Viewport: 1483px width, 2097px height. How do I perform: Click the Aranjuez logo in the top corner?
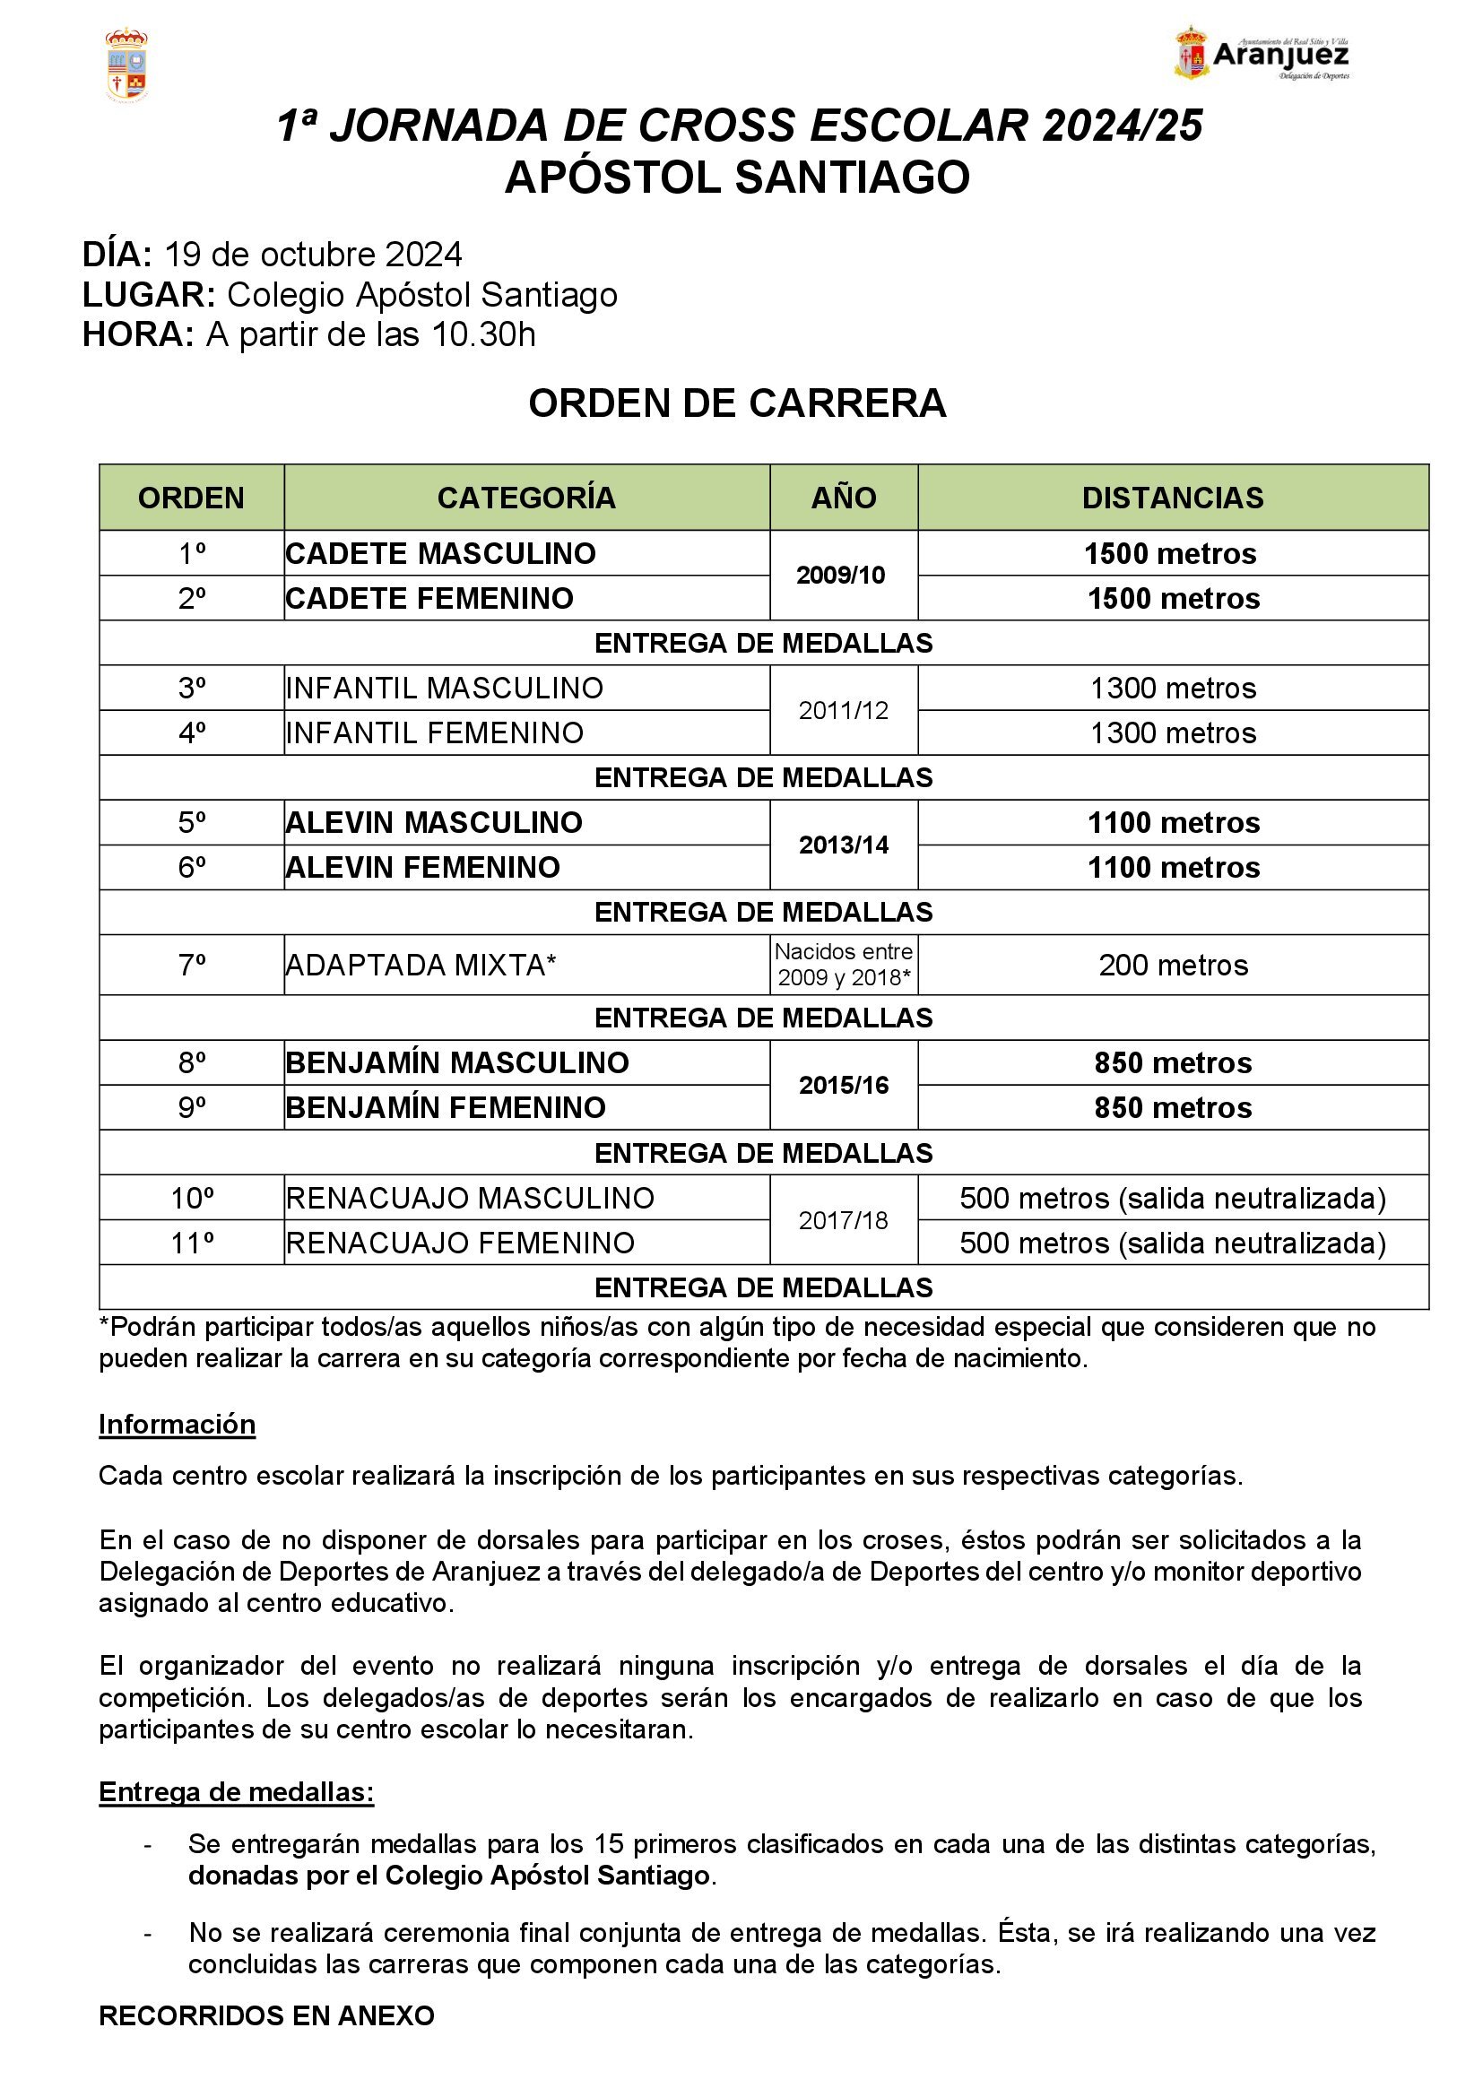tap(1262, 54)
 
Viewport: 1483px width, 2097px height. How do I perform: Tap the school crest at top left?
tap(127, 64)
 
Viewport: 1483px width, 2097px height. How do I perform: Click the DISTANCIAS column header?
tap(1173, 498)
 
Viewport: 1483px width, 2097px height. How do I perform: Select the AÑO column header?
tap(843, 498)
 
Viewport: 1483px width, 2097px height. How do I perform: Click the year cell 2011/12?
tap(843, 711)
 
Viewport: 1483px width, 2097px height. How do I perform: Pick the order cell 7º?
tap(192, 965)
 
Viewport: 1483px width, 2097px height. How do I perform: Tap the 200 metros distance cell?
tap(1173, 965)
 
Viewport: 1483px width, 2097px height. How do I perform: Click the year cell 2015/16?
tap(843, 1085)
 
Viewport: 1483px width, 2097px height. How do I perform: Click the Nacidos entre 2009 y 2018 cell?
tap(843, 965)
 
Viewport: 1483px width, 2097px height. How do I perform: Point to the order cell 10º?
tap(192, 1198)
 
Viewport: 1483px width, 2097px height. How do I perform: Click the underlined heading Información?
tap(178, 1424)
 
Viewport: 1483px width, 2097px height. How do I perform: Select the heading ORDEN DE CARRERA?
tap(737, 403)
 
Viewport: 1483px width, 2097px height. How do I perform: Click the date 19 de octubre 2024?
tap(313, 254)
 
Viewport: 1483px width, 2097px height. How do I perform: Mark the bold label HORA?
tap(138, 334)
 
